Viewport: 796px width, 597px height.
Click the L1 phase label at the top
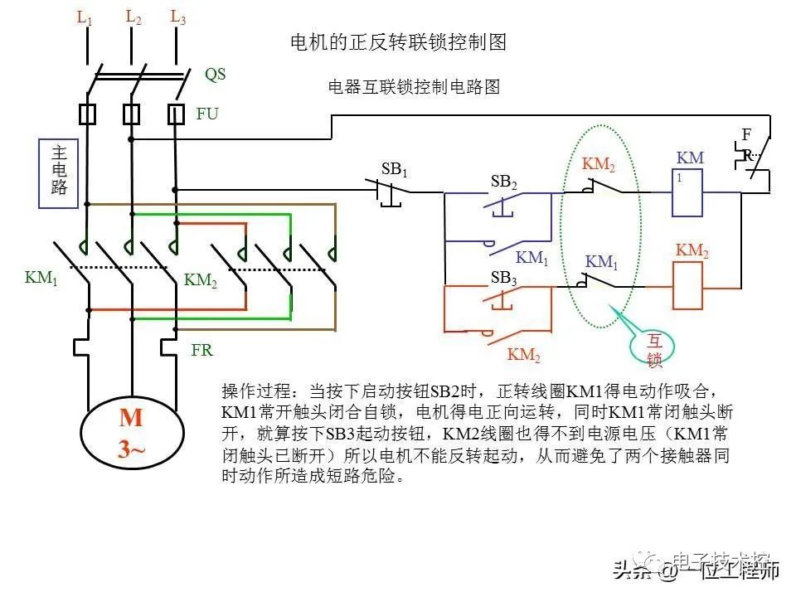pos(85,17)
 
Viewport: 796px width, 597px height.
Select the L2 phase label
pos(133,17)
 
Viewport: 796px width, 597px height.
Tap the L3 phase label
pos(177,17)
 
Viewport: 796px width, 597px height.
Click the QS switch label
pos(215,75)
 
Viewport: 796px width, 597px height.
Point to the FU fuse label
pos(207,114)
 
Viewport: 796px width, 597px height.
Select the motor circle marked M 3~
pos(131,433)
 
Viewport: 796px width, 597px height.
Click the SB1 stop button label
pos(395,169)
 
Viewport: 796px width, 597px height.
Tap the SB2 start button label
pos(503,182)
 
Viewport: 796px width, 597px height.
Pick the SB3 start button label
pos(503,279)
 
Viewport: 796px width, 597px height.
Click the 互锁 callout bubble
pos(655,349)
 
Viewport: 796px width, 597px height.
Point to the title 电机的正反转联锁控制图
pos(397,41)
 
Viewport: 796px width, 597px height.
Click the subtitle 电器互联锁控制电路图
pos(415,87)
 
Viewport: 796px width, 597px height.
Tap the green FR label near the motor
pos(201,350)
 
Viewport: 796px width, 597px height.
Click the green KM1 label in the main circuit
pos(41,278)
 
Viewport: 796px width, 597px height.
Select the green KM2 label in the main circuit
pos(201,281)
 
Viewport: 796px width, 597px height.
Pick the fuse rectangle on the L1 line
pos(86,114)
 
